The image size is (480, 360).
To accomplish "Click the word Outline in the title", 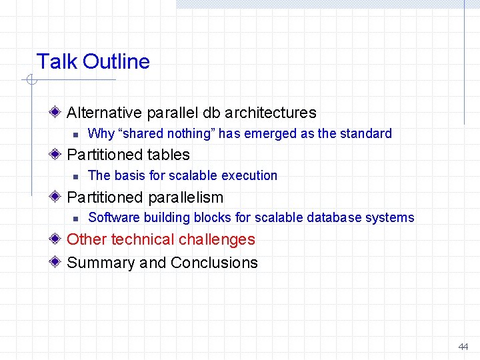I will coord(117,62).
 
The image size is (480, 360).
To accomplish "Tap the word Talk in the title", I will coord(57,62).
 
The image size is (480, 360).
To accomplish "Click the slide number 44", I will coord(463,347).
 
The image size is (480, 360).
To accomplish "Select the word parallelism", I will coord(186,197).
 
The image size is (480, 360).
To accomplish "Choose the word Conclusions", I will coord(214,263).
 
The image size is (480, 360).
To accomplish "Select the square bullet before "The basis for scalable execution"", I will coord(76,176).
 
